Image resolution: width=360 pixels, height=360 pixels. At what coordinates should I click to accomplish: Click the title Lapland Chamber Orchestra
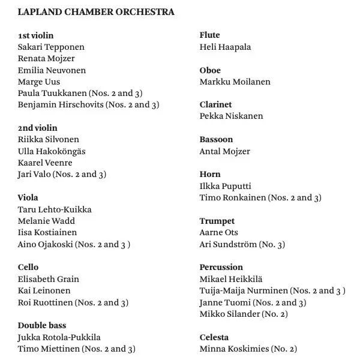97,12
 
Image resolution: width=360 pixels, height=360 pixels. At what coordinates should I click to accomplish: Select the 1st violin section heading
35,35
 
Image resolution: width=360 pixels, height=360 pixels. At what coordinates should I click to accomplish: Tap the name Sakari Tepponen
52,47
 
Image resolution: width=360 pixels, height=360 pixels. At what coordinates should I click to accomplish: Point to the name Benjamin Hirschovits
61,104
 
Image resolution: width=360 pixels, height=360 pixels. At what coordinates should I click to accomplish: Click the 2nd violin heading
38,128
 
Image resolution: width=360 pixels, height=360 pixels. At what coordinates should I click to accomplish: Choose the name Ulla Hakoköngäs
52,151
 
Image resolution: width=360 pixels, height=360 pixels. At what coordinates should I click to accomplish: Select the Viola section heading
28,197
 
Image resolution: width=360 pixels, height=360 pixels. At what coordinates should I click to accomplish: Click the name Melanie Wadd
47,221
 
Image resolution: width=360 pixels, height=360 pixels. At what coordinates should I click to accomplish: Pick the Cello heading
28,267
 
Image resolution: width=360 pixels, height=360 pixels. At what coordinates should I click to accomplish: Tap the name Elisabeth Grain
49,279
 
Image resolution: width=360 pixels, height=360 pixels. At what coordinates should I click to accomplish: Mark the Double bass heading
42,325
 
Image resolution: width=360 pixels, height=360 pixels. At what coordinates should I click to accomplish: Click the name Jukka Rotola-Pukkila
59,337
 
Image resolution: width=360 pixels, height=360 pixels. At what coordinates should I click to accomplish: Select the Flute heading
209,35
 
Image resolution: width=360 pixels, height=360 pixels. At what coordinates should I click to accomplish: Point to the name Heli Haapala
225,47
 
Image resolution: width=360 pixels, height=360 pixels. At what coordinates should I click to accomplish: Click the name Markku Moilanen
235,82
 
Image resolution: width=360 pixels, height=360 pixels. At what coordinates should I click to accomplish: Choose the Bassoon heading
216,139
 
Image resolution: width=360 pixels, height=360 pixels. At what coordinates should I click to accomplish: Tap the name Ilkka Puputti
225,186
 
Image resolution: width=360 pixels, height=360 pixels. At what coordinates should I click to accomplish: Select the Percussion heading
221,267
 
